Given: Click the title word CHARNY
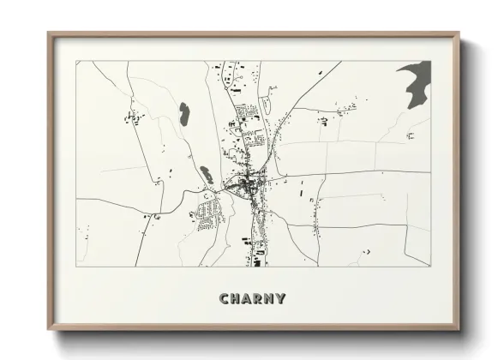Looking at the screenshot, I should [x=252, y=299].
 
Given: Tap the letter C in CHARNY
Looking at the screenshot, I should [x=225, y=299].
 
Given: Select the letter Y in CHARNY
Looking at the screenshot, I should [x=280, y=299].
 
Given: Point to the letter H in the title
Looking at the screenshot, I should [x=236, y=299].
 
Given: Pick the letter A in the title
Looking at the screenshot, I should [x=247, y=299].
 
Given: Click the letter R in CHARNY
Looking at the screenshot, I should [x=257, y=299].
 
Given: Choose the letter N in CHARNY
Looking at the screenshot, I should [x=268, y=299].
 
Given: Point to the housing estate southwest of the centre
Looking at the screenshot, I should [x=207, y=212].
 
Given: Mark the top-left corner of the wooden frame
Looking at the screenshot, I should [x=49, y=34].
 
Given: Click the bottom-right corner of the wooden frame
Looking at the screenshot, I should [x=459, y=329].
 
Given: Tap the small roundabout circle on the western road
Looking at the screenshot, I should [x=207, y=195].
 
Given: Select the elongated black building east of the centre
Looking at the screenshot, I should [x=301, y=189].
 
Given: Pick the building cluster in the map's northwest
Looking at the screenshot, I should [x=134, y=115].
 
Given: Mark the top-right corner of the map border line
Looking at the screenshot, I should [x=430, y=61].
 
